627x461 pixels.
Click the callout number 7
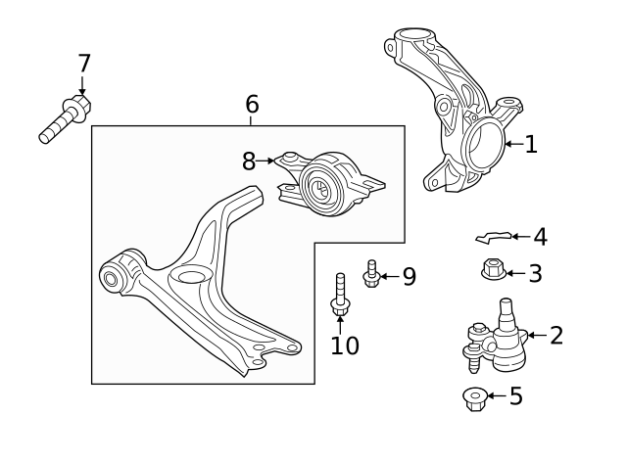pos(84,63)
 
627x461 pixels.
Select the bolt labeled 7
pos(66,118)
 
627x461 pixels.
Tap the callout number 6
pos(252,104)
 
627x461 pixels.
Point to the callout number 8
pos(249,161)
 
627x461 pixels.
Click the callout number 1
pos(531,144)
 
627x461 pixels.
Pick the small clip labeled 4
pos(494,237)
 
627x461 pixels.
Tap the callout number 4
pos(540,237)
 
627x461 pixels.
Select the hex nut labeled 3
pos(494,269)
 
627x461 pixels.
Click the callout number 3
pos(536,274)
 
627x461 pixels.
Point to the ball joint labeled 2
pos(496,336)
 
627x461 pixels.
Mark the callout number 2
pos(556,335)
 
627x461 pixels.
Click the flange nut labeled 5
pos(475,399)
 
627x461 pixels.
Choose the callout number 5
pos(516,395)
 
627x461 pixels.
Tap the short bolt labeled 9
pos(371,274)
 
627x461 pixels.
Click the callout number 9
pos(410,276)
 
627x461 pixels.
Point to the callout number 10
pos(345,346)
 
